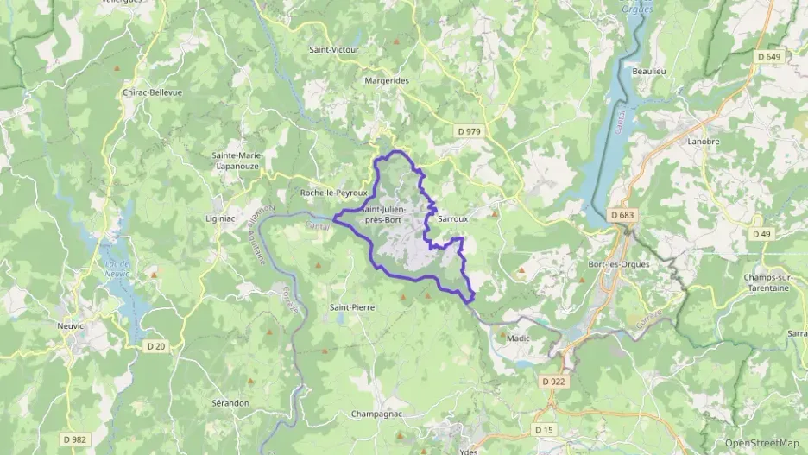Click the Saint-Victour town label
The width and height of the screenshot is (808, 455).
[333, 50]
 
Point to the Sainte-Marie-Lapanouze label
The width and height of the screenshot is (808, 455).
[237, 160]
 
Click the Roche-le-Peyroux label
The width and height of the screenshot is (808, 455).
[333, 193]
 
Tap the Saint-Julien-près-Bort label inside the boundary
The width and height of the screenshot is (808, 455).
[394, 215]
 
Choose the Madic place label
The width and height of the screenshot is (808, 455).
[518, 339]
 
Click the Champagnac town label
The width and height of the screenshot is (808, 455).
[377, 414]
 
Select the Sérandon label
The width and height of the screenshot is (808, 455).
[230, 403]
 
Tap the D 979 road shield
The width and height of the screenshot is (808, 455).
[468, 130]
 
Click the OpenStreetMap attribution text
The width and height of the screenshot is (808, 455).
[761, 443]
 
